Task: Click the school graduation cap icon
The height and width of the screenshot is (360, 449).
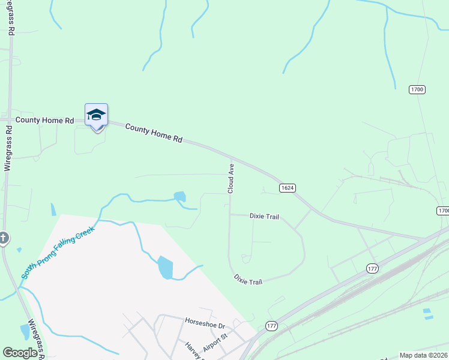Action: point(96,115)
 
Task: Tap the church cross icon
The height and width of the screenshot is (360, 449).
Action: point(3,239)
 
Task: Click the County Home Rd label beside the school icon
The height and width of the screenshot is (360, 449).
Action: point(45,120)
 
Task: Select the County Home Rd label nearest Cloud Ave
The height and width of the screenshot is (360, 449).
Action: point(154,133)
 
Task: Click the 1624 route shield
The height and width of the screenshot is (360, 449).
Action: point(288,188)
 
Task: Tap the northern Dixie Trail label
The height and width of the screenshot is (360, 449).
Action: point(264,217)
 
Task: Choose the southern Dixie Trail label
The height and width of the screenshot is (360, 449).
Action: point(248,281)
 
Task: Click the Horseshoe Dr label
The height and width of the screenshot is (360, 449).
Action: point(204,324)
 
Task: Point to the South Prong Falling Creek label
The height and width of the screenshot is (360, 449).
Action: point(58,252)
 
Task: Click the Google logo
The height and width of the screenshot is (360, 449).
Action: point(20,353)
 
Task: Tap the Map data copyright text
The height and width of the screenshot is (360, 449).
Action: point(423,355)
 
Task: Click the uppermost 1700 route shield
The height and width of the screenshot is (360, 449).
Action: point(417,89)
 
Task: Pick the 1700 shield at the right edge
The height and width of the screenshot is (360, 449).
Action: point(443,211)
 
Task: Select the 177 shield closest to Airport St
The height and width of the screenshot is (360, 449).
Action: point(271,326)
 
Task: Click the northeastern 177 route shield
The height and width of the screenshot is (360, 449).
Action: point(372,269)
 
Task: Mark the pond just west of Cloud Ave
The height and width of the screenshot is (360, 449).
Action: point(179,196)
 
